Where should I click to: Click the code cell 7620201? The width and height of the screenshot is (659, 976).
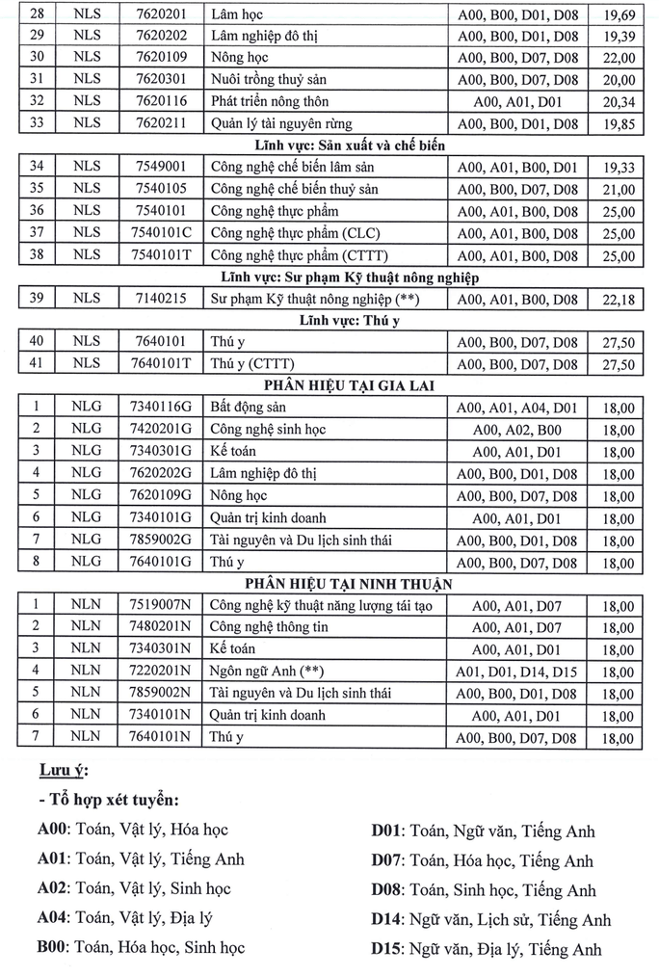click(x=161, y=14)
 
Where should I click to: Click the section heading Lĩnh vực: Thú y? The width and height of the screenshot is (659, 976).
click(x=329, y=320)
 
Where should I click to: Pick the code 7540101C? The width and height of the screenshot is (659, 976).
click(x=161, y=233)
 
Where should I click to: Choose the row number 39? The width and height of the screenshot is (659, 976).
click(x=37, y=299)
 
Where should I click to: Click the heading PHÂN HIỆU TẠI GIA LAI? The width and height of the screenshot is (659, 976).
click(x=329, y=386)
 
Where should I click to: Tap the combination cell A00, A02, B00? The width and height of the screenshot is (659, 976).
click(x=517, y=431)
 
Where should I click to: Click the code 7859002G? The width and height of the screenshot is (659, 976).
click(x=161, y=541)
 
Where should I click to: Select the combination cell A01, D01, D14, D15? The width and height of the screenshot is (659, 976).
click(x=517, y=672)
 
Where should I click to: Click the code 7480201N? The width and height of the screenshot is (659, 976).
click(x=161, y=627)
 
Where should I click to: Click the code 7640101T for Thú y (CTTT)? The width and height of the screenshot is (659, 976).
click(x=161, y=364)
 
